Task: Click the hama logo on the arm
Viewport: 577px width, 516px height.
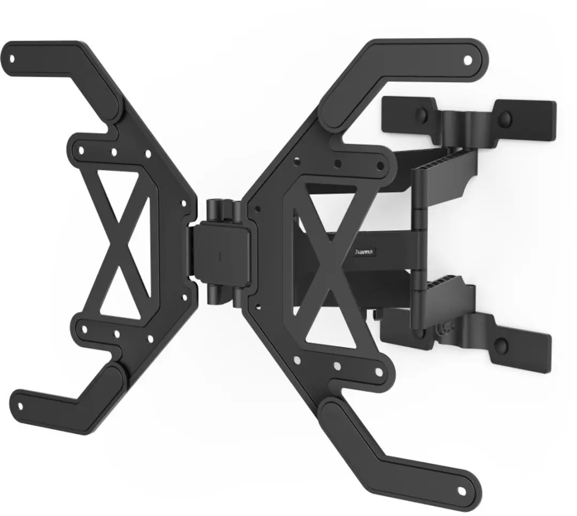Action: (x=364, y=252)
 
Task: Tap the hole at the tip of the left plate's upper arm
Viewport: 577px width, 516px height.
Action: (x=12, y=58)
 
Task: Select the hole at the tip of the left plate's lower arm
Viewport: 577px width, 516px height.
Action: (x=20, y=406)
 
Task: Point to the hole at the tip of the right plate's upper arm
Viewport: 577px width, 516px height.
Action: (x=467, y=60)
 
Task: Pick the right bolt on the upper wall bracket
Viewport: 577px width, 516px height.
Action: (x=505, y=117)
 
